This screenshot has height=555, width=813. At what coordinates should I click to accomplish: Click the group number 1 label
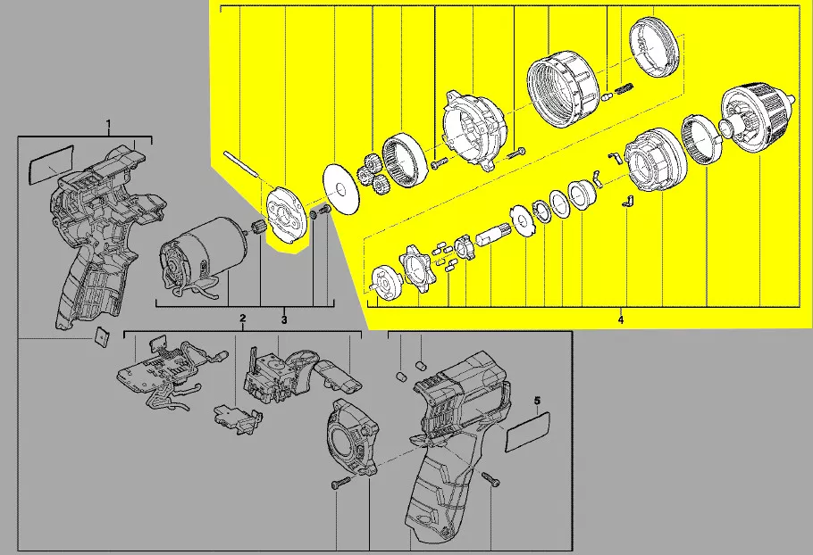(x=108, y=124)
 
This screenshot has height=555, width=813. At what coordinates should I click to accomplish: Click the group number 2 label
(x=242, y=318)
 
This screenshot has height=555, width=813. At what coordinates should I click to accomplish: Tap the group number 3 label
(x=284, y=320)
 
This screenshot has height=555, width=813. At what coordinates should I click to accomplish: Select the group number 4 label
(x=621, y=319)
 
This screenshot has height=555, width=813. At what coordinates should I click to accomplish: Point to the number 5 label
(x=537, y=401)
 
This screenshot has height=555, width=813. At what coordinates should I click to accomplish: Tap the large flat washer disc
(x=340, y=189)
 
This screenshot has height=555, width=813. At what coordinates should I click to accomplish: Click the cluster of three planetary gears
(x=373, y=172)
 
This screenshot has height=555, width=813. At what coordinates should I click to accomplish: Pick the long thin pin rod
(x=240, y=164)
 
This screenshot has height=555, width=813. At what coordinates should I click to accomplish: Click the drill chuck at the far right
(x=757, y=119)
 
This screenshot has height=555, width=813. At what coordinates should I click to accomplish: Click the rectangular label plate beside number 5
(x=528, y=431)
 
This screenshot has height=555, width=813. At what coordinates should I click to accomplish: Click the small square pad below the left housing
(x=102, y=337)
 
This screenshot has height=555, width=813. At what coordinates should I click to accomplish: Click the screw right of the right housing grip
(x=490, y=479)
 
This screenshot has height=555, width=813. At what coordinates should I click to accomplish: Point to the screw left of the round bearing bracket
(x=338, y=484)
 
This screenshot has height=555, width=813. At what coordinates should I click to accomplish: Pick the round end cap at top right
(x=654, y=47)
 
